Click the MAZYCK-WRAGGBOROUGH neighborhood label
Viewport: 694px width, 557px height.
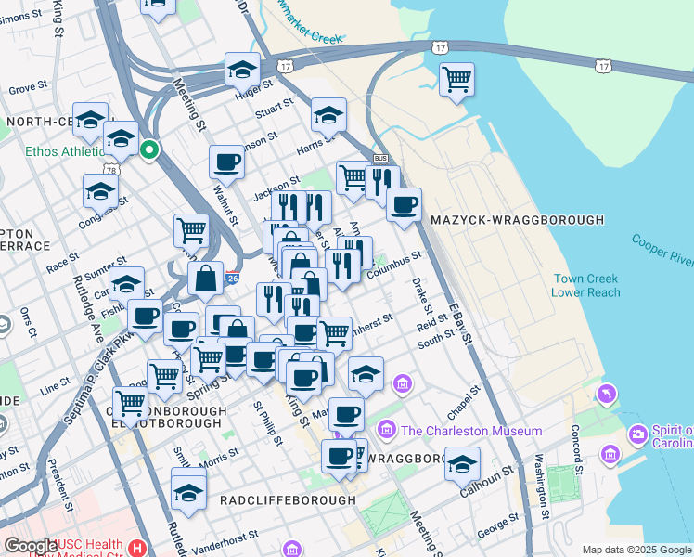coord(517,220)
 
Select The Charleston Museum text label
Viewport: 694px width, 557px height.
coord(471,431)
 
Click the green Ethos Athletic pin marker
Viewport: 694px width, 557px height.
coord(148,149)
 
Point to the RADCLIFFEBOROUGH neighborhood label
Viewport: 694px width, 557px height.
coord(288,500)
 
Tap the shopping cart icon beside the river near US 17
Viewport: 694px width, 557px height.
coord(457,80)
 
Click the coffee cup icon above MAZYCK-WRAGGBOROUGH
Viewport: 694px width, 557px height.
coord(404,205)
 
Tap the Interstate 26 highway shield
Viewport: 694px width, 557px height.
coord(232,277)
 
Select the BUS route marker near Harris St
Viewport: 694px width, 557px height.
coord(379,158)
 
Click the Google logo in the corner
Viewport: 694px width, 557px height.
coord(30,546)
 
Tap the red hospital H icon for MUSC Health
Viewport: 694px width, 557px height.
coord(138,548)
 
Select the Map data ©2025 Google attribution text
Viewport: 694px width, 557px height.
coord(636,550)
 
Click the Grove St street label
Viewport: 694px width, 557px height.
coord(28,89)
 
